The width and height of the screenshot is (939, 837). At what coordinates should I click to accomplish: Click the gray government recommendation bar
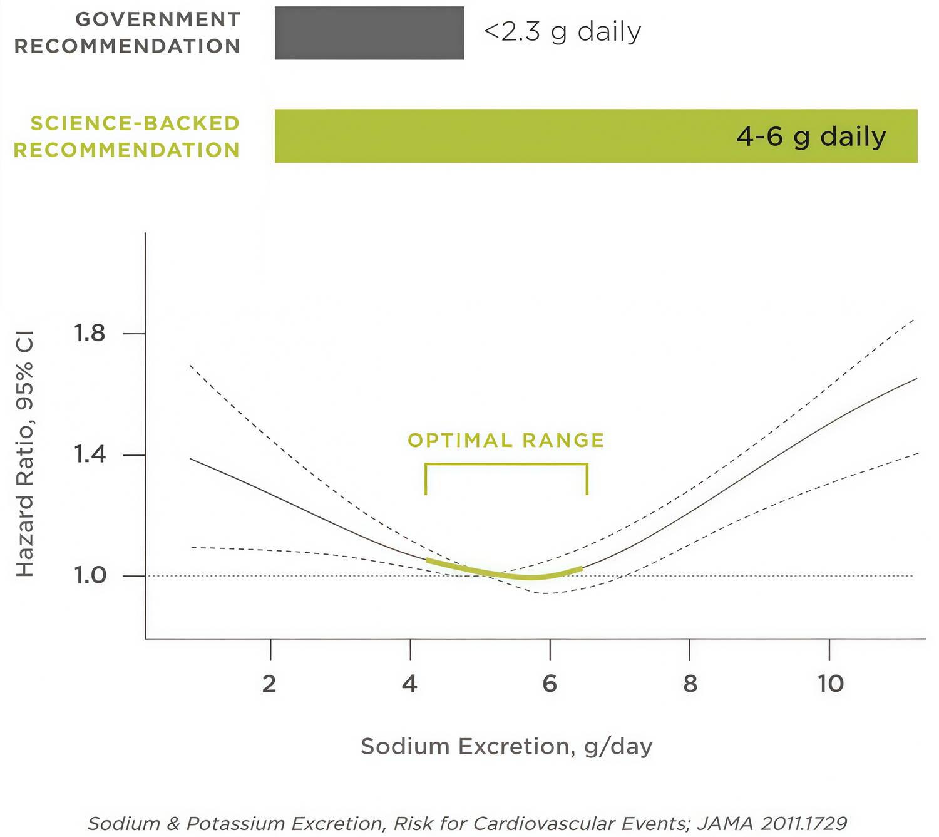point(369,33)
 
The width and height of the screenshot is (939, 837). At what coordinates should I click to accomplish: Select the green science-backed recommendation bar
point(501,136)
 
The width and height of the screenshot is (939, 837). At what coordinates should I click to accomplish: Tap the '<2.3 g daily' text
point(562,32)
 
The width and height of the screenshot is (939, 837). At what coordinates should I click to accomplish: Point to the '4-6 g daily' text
point(811,136)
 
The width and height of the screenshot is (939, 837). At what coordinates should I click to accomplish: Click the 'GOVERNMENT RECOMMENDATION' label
point(128,33)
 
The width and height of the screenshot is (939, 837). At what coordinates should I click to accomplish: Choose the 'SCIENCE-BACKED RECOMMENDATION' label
point(127,136)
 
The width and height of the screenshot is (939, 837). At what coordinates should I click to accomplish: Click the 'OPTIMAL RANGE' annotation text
point(506,440)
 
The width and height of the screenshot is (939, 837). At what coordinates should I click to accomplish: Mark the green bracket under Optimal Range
point(506,465)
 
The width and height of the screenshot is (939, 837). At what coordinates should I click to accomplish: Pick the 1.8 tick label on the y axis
point(90,333)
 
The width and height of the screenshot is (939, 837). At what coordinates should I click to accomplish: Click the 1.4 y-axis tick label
point(90,454)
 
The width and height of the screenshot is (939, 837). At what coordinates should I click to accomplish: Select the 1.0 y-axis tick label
point(90,575)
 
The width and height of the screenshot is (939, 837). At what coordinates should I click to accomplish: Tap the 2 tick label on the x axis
point(270,684)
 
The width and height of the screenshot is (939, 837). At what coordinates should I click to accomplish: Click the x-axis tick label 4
point(409,684)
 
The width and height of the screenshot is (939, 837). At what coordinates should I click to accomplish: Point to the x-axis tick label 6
point(550,684)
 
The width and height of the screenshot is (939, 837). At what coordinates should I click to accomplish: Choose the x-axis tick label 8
point(690,684)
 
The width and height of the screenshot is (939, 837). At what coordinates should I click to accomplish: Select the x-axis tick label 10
point(831,684)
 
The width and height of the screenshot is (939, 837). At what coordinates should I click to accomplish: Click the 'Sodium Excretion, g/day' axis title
point(506,746)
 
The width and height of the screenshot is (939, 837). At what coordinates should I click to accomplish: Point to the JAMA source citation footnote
point(467,823)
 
